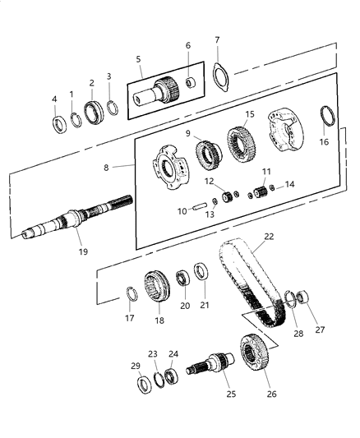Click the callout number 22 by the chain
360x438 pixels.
pos(267,237)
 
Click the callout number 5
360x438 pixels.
pos(139,58)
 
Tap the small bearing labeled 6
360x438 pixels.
pos(190,82)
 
